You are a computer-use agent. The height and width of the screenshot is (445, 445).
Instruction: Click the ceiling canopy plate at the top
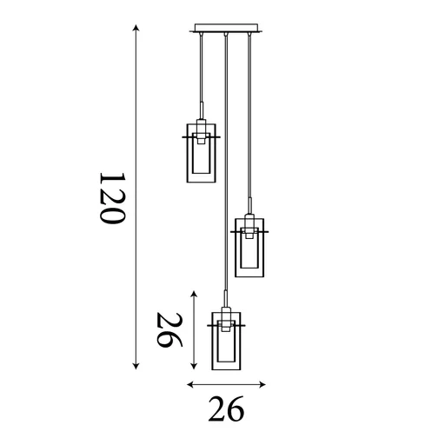pyautogui.click(x=226, y=29)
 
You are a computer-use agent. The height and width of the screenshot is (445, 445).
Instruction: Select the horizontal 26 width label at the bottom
pyautogui.click(x=225, y=408)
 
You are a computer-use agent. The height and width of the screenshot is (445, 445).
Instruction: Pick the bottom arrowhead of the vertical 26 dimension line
pyautogui.click(x=193, y=366)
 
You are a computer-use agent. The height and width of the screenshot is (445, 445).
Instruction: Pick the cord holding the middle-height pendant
pyautogui.click(x=250, y=122)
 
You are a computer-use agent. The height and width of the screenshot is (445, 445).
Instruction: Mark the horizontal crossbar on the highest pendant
pyautogui.click(x=202, y=137)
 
